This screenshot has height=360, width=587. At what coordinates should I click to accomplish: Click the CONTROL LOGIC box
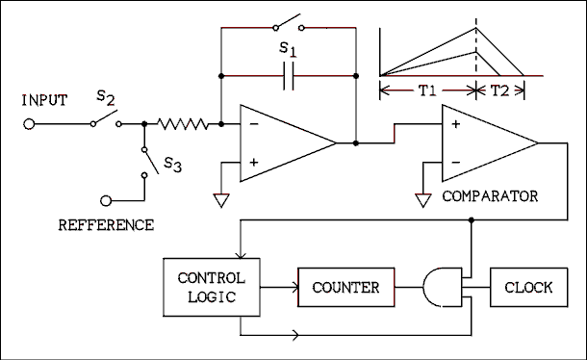coord(212,287)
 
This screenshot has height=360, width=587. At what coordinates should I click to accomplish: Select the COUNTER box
coord(346,287)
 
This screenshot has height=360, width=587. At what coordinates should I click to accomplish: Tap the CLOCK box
coord(528,287)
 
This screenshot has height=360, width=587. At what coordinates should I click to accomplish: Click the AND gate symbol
coord(442,287)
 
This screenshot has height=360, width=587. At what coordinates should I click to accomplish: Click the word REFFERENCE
coord(106,225)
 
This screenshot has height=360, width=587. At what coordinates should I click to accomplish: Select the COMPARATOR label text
coord(490,196)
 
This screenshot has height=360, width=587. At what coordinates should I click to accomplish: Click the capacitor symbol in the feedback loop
coord(289,75)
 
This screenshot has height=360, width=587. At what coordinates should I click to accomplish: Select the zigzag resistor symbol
coord(183,123)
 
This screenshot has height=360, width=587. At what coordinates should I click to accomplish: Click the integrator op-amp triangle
coord(284,142)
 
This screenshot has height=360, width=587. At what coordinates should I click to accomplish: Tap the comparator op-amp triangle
coord(486,142)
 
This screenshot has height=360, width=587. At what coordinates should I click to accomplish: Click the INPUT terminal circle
coord(29,123)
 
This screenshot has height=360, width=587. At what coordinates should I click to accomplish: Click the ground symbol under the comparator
coord(421,199)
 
